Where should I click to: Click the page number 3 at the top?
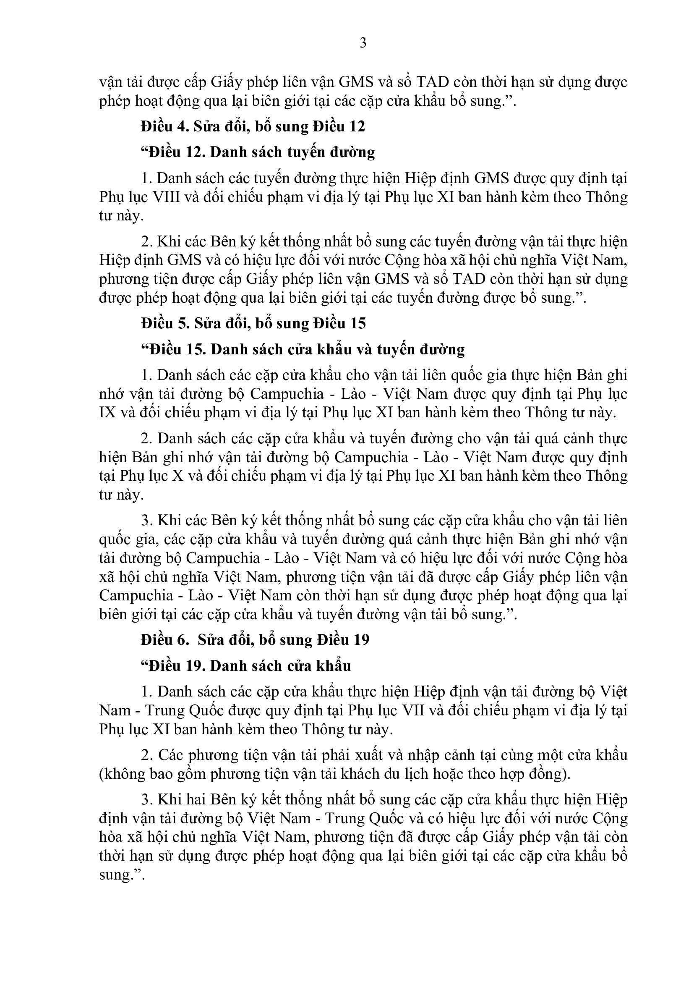363,43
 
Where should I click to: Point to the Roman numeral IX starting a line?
108,413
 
